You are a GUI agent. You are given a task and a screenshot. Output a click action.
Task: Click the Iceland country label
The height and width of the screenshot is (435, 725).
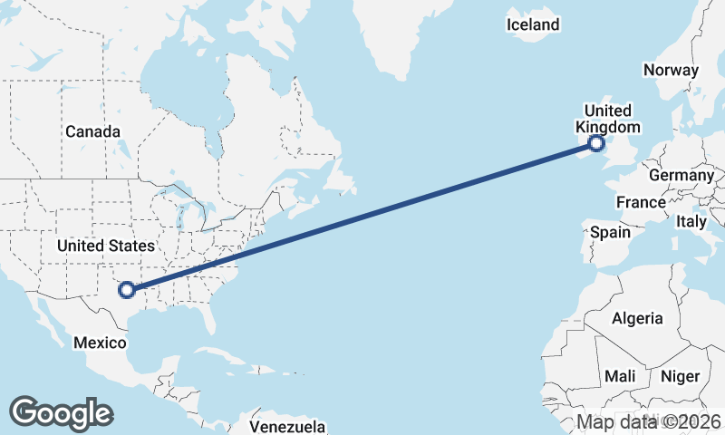(x=533, y=24)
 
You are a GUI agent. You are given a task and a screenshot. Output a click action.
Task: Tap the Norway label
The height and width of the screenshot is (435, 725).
(x=671, y=70)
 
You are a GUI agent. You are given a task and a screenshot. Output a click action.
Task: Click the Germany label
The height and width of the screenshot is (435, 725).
(x=682, y=175)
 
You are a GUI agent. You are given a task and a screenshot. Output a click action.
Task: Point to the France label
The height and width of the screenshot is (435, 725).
(x=641, y=201)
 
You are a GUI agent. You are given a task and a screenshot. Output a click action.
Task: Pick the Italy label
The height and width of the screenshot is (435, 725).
(x=691, y=221)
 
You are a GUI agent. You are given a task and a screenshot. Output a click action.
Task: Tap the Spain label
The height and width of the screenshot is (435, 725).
(x=610, y=232)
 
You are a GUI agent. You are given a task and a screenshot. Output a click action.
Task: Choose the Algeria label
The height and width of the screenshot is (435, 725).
(x=637, y=318)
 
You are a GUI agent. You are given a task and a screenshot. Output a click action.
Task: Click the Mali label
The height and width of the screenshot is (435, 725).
(x=620, y=376)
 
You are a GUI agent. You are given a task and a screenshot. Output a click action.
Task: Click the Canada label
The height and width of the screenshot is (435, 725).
(x=92, y=131)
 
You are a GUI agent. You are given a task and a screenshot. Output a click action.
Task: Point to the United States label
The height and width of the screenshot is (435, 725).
(x=105, y=246)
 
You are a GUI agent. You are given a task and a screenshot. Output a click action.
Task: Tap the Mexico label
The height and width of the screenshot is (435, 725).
(x=98, y=343)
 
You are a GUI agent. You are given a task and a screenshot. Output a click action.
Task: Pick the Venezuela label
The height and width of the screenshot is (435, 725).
(x=287, y=426)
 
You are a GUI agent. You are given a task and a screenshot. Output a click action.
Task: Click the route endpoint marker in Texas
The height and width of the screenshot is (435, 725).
(x=127, y=290)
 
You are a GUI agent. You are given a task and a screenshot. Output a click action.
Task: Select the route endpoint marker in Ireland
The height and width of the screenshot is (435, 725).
(x=596, y=142)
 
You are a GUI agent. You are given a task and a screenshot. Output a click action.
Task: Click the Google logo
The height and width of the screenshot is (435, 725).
(x=61, y=413)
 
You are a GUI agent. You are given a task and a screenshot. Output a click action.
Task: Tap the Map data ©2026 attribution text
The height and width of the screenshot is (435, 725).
(x=649, y=421)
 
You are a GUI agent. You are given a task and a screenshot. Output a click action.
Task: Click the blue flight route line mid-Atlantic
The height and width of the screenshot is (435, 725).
(x=362, y=216)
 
